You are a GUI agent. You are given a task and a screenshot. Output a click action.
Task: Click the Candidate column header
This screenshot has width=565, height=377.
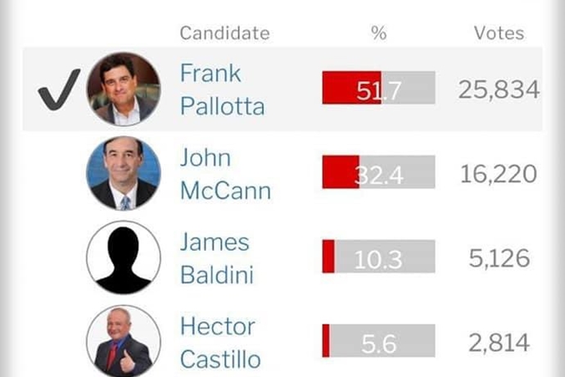point(224,34)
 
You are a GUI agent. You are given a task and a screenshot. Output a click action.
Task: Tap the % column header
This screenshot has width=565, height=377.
point(378,34)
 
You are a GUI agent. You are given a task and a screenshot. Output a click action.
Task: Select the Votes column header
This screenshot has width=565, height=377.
point(499,34)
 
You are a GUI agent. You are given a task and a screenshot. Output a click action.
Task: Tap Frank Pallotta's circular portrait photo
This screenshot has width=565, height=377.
point(123,89)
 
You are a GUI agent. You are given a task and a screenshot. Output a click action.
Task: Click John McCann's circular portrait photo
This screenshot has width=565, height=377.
point(123,172)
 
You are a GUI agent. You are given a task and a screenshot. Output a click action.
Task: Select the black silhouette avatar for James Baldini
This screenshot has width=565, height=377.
point(123,257)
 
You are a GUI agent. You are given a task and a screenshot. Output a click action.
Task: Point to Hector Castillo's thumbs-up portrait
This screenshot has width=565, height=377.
point(123,342)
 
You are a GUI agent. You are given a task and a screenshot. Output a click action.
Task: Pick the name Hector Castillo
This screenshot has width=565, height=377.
point(220,343)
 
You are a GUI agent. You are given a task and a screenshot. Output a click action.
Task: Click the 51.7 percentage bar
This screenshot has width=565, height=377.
point(378,89)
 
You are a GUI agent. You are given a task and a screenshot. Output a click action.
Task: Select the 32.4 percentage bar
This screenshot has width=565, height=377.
point(378,173)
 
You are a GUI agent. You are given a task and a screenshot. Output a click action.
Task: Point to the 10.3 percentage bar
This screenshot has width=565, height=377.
point(378,257)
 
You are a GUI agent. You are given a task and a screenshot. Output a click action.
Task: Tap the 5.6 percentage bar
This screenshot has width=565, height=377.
point(378,342)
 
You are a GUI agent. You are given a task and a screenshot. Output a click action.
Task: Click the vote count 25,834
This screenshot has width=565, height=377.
point(499,89)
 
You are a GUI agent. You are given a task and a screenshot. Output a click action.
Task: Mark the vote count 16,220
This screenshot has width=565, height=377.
point(499,174)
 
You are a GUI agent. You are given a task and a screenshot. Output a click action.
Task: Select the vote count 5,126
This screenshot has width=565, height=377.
point(499,258)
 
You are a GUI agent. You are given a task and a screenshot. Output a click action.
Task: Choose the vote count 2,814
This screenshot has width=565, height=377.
point(499,343)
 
